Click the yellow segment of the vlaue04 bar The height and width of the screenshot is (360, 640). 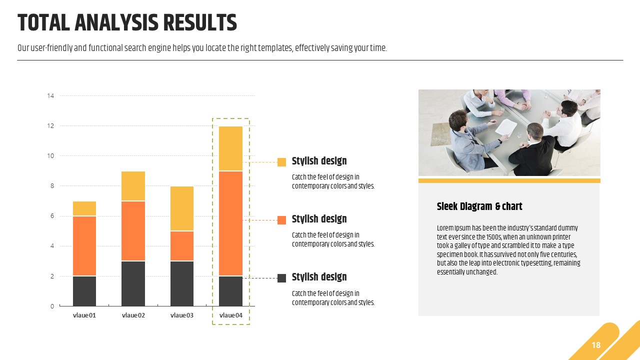230,148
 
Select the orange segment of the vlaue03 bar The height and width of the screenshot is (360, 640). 181,246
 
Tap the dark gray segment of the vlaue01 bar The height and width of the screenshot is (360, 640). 84,291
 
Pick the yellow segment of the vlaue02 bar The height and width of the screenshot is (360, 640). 133,186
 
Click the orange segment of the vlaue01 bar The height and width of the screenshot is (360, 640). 84,246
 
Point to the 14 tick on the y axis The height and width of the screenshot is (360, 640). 50,95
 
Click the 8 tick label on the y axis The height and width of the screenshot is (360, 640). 52,186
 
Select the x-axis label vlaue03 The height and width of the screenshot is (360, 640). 181,315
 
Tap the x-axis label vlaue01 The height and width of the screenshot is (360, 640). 84,315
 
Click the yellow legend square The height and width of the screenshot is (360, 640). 281,162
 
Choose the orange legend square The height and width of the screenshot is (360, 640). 281,220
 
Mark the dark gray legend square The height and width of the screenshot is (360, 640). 281,278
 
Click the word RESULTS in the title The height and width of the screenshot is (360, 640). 200,22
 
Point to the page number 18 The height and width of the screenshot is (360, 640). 596,345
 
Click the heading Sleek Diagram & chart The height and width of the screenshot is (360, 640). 479,206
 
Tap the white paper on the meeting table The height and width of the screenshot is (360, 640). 506,127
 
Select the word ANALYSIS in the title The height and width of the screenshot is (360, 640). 116,22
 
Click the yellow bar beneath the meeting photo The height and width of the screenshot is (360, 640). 509,180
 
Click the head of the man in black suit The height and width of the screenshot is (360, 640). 535,131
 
